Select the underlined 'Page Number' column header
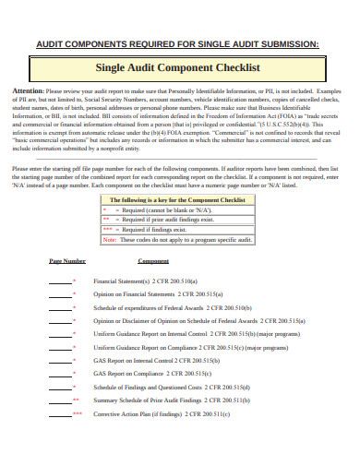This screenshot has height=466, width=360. (67, 262)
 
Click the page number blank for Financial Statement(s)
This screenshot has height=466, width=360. (60, 281)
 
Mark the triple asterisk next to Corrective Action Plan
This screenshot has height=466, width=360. (77, 413)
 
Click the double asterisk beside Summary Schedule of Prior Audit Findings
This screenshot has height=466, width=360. (76, 400)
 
